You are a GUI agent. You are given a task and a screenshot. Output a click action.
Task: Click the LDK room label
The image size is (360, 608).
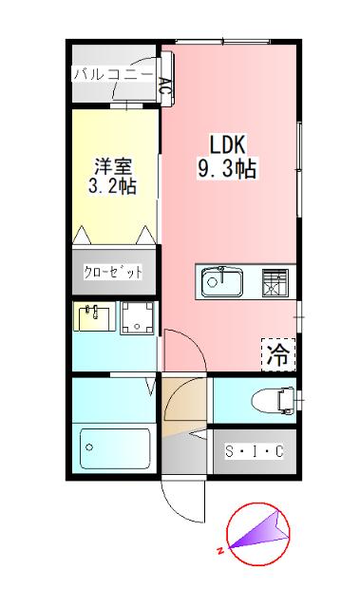pos(228,145)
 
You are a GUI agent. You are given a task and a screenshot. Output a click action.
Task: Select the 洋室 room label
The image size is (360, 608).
pos(112,162)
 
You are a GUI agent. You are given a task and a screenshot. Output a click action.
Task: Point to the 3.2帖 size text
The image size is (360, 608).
pos(112,185)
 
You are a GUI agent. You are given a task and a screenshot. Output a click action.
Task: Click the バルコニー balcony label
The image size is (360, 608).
pos(112,74)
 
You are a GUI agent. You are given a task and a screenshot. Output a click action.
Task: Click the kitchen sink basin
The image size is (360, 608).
pos(221,280)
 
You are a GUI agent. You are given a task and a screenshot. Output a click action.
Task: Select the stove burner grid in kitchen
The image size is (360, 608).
pos(274,280)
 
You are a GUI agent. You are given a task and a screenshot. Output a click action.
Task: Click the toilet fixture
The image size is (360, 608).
pos(275,400)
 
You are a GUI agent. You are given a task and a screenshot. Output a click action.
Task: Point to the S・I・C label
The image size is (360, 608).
pos(253,451)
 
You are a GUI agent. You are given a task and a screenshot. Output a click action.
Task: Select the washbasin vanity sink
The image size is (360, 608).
pos(93,317)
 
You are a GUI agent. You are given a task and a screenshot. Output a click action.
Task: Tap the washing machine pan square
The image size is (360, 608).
pos(137,318)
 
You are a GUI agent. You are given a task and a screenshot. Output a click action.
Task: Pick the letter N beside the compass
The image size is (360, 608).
pos(219,551)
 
